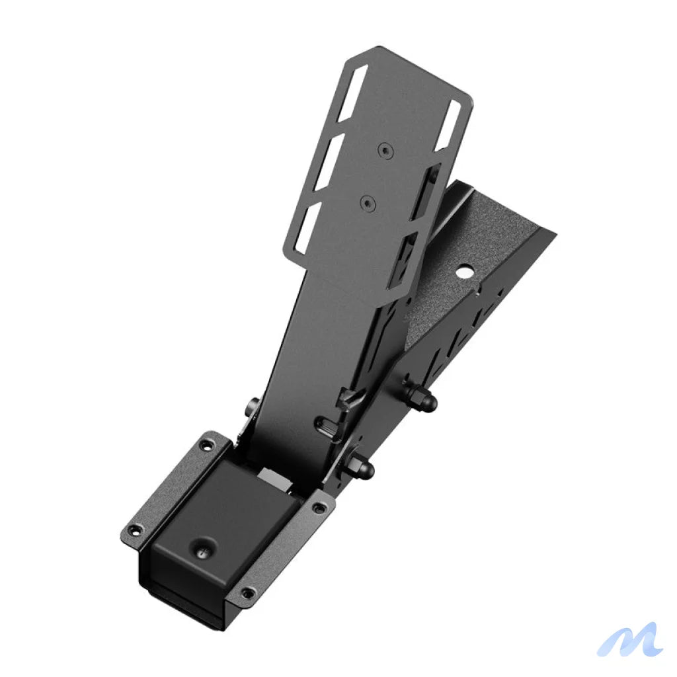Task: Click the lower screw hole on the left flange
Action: [136, 530]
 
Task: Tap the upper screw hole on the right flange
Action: [321, 508]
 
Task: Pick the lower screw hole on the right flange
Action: [247, 592]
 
